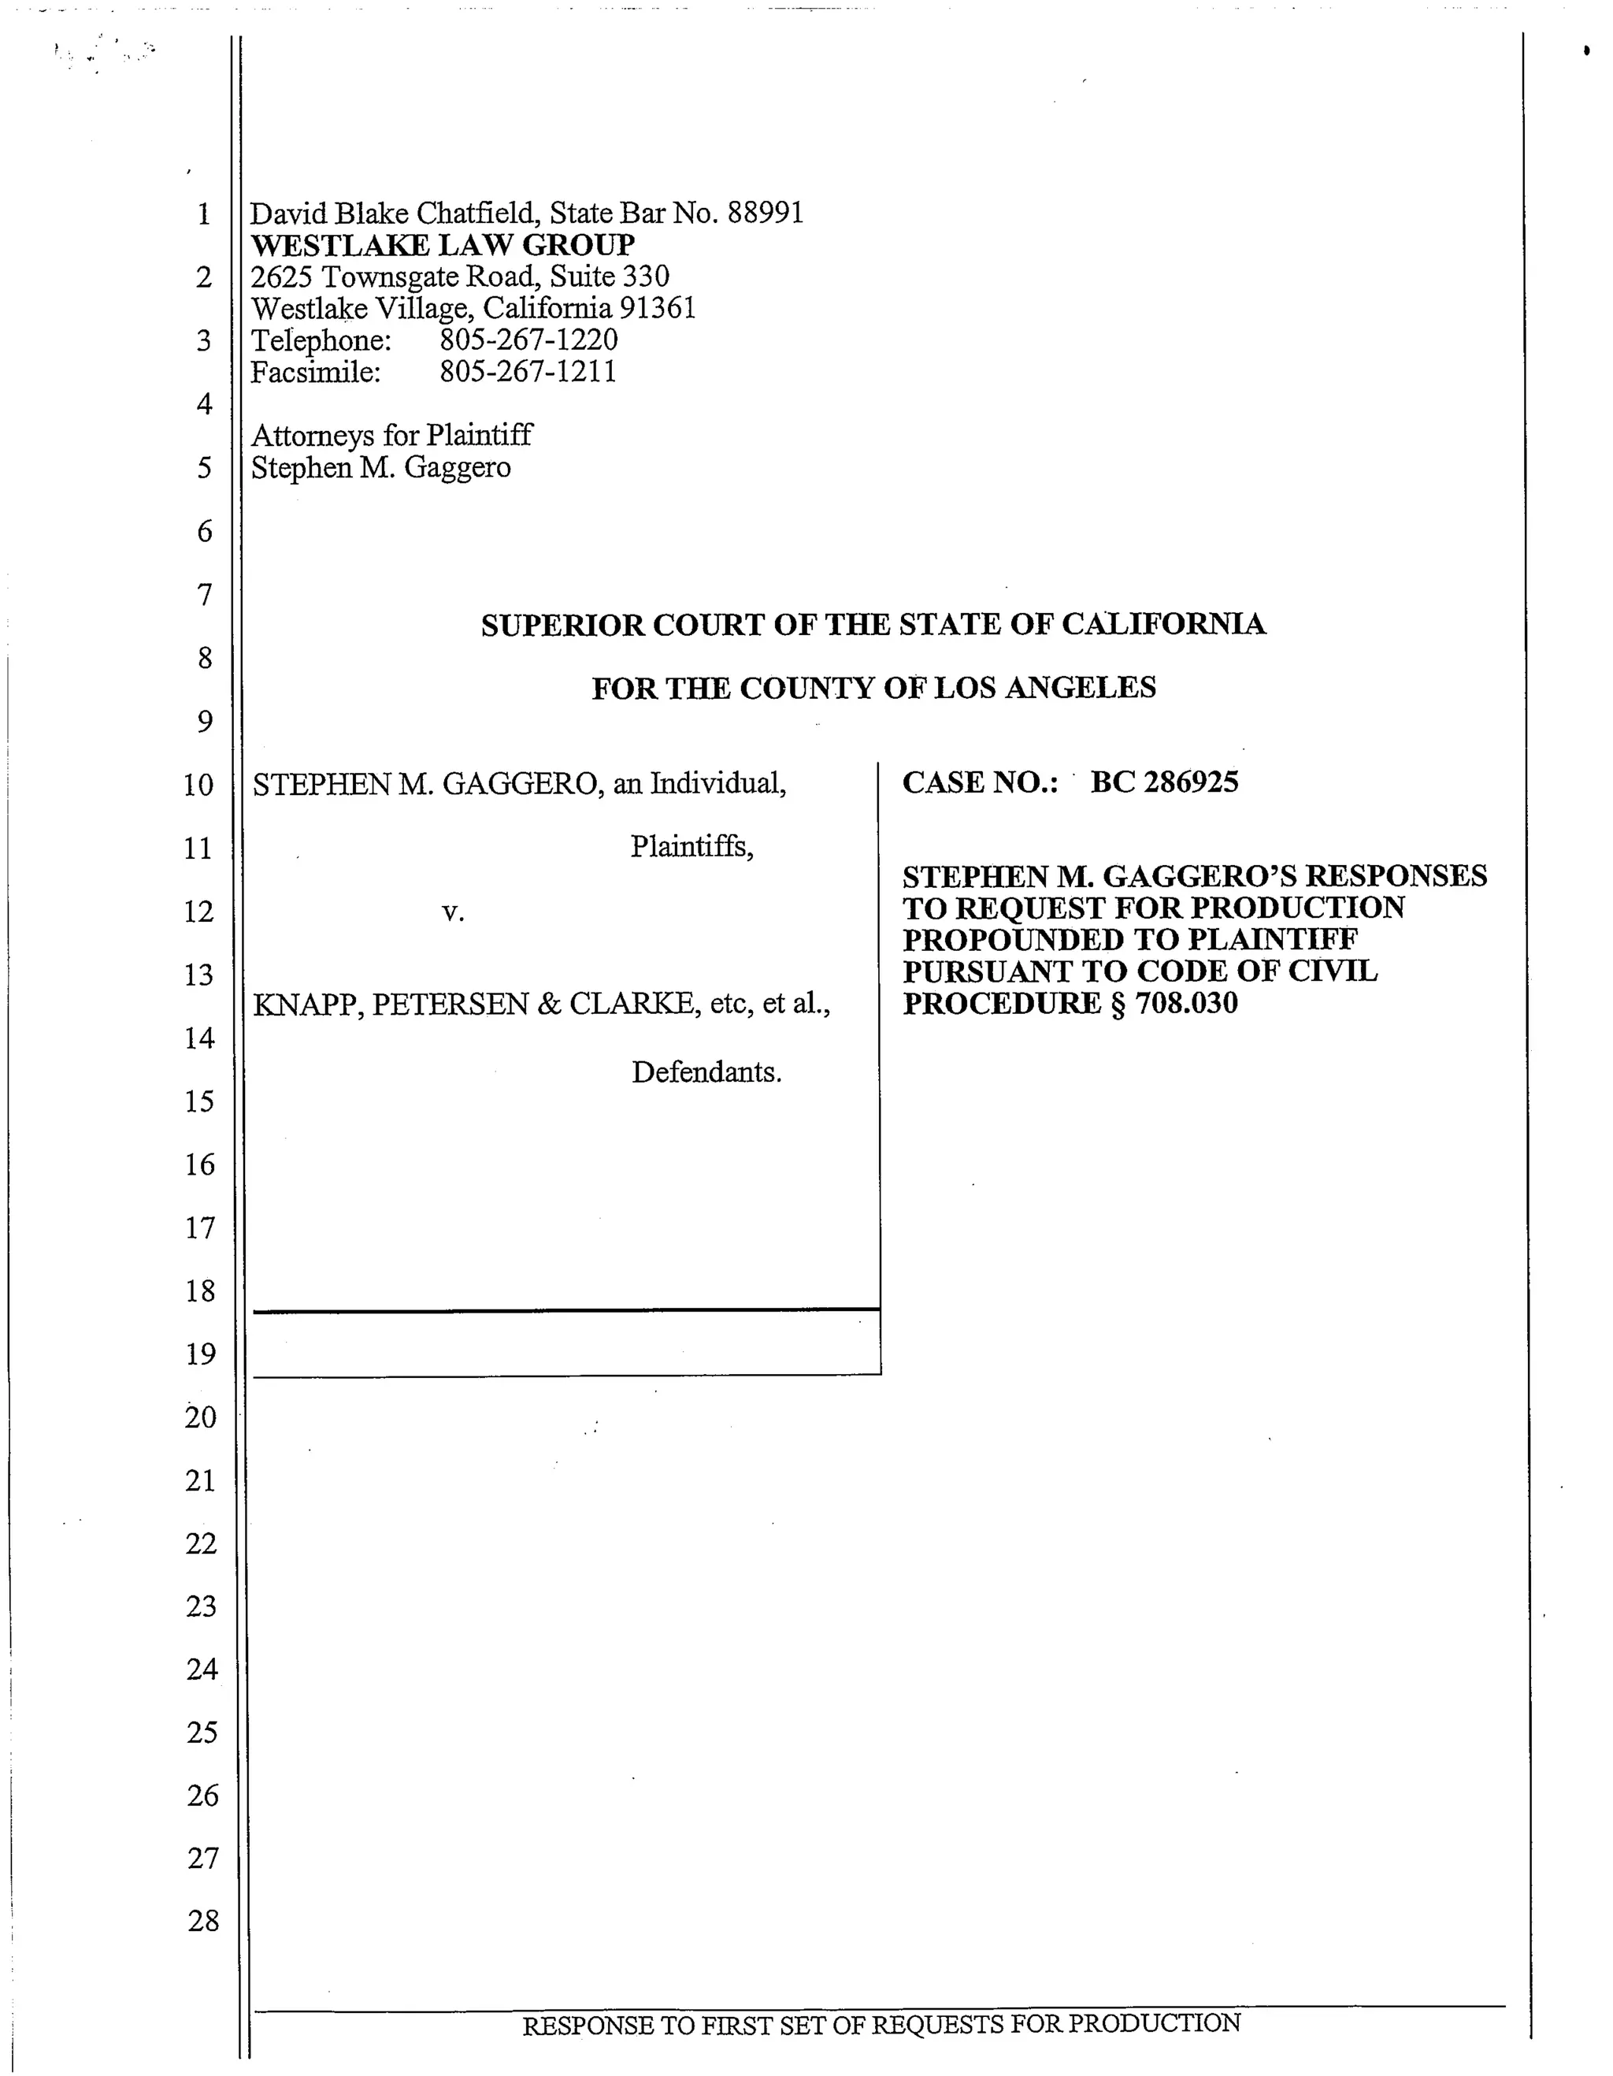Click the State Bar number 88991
pos(766,213)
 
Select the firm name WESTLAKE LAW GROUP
pos(443,245)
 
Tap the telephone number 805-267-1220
pos(528,340)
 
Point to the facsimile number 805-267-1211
pos(528,372)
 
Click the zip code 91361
pos(658,308)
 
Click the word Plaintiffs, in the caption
pos(691,846)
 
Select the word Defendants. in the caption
pos(706,1072)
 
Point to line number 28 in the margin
pos(203,1921)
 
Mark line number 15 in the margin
pos(199,1101)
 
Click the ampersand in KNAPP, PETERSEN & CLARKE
pos(548,1004)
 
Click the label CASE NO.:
pos(980,782)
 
